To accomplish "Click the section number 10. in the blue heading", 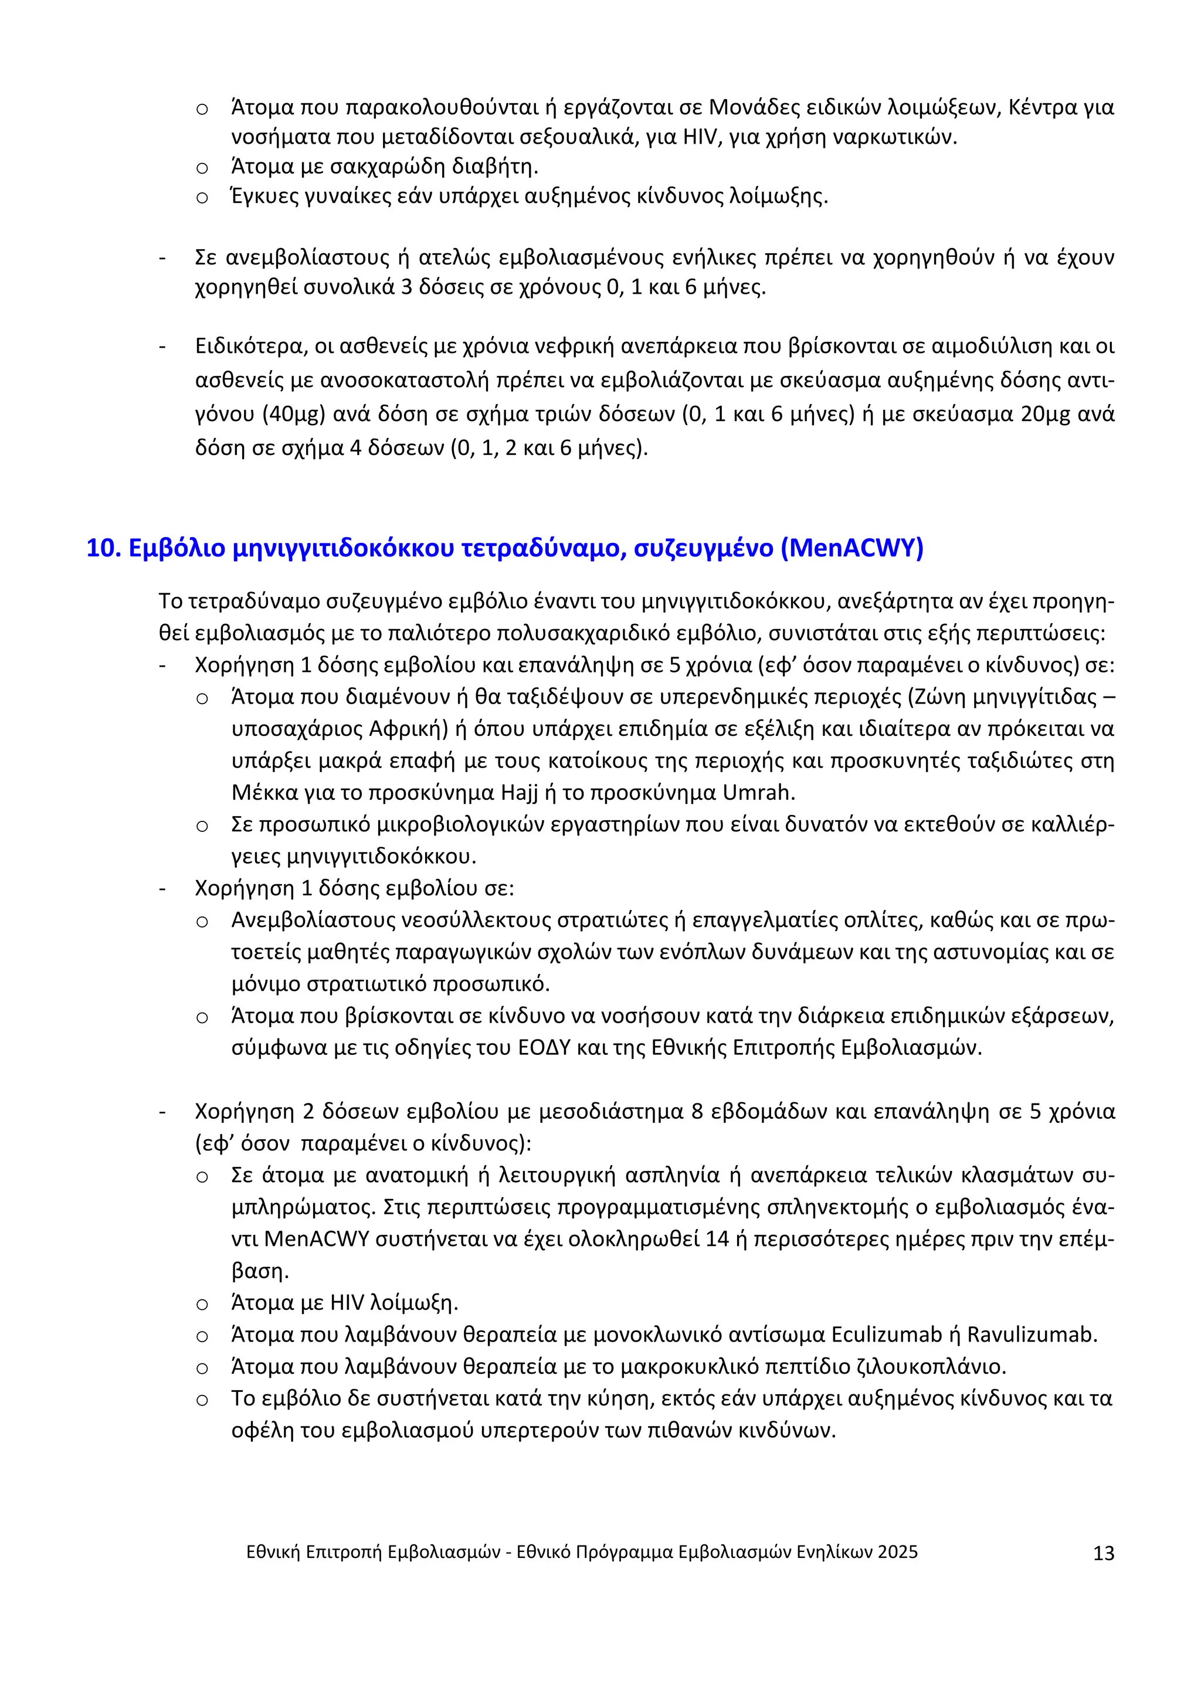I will pos(104,549).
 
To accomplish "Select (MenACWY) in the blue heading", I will pos(852,549).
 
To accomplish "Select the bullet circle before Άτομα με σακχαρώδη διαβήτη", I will pos(202,168).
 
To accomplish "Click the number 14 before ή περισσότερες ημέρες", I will pos(717,1239).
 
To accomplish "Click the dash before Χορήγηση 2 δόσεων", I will pos(162,1112).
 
